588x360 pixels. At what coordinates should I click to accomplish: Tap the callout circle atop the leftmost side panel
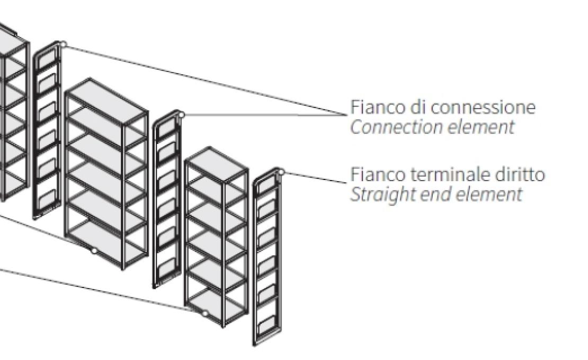click(63, 44)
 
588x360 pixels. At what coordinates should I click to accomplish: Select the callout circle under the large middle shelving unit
click(94, 250)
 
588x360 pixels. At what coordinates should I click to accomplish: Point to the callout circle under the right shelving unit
click(205, 313)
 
